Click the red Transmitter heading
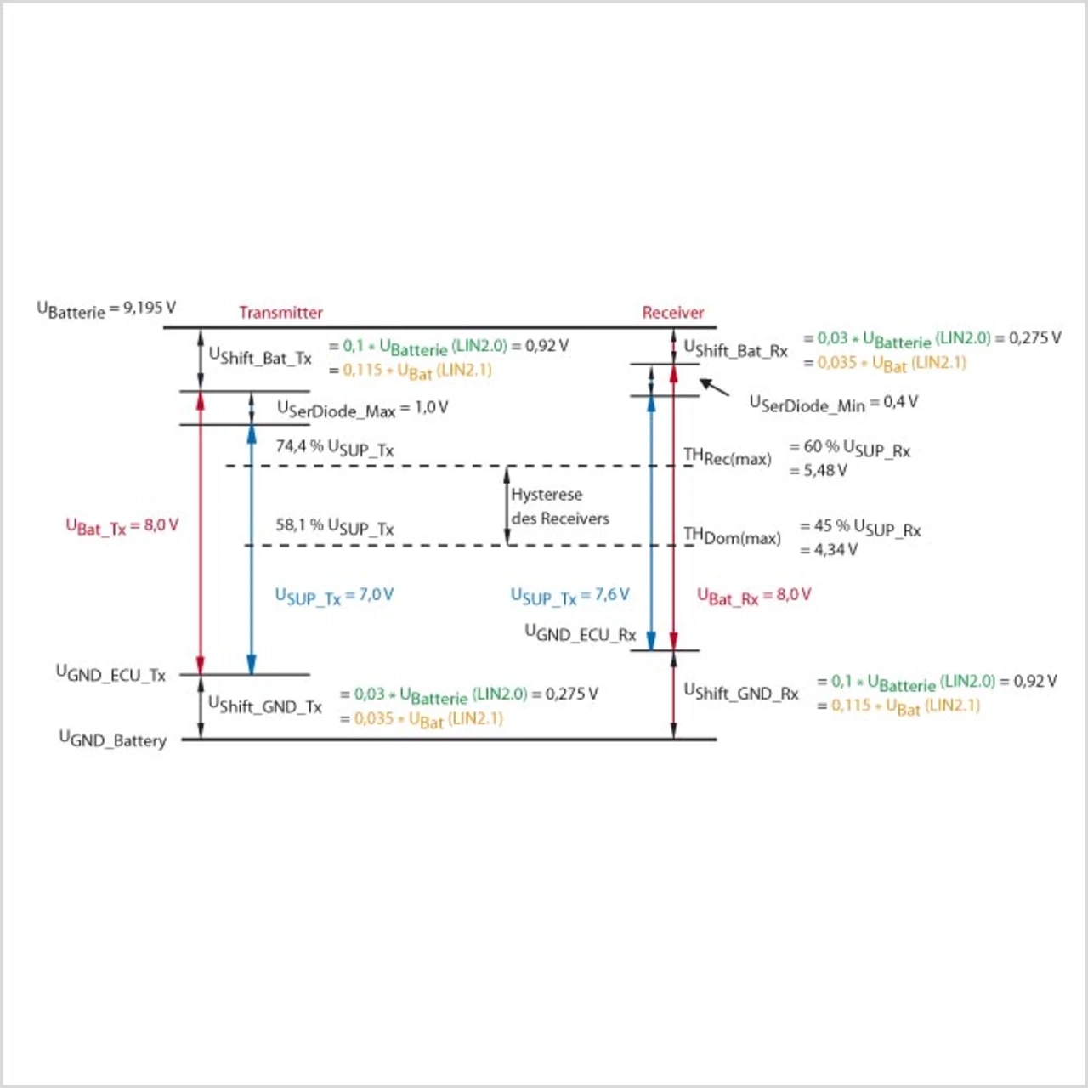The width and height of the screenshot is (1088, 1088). [280, 313]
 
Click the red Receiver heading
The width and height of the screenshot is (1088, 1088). [672, 313]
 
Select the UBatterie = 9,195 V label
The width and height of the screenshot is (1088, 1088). [106, 309]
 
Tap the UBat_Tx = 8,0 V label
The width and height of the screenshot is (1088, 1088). [122, 526]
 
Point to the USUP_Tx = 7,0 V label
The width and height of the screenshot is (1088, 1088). [334, 596]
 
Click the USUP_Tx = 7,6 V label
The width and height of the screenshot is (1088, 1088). [569, 596]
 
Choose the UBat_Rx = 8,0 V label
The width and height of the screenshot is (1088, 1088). [754, 596]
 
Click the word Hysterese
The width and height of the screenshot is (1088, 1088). [547, 495]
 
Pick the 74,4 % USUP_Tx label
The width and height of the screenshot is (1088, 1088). [334, 448]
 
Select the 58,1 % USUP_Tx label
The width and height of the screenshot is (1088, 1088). [334, 526]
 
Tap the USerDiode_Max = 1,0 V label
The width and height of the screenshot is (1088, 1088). [362, 409]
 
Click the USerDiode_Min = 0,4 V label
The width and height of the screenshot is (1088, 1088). [833, 403]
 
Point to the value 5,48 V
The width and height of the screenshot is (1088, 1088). [824, 470]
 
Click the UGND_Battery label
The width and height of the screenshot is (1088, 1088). [112, 739]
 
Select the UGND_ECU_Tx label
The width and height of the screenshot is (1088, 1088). [110, 675]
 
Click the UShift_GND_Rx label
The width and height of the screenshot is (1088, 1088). [741, 693]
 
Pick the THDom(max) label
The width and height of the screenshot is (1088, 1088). [732, 535]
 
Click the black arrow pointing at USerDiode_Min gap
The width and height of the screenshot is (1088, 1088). [714, 388]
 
